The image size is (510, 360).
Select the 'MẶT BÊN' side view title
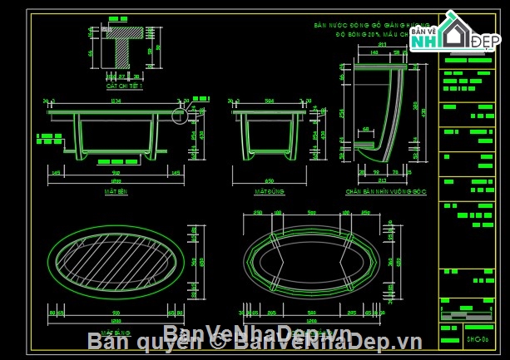click(x=115, y=191)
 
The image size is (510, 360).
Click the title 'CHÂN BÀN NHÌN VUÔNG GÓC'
click(x=385, y=191)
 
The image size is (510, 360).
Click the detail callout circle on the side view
click(x=179, y=116)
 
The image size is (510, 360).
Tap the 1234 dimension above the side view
click(x=115, y=101)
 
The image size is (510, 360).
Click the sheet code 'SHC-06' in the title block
click(x=475, y=338)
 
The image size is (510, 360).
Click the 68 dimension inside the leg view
click(x=366, y=130)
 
